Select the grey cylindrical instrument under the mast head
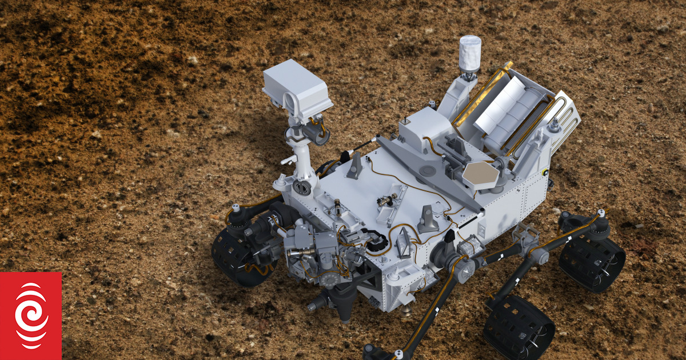point(314,133)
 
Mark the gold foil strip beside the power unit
point(481,94)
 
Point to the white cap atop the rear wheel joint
point(601,214)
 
